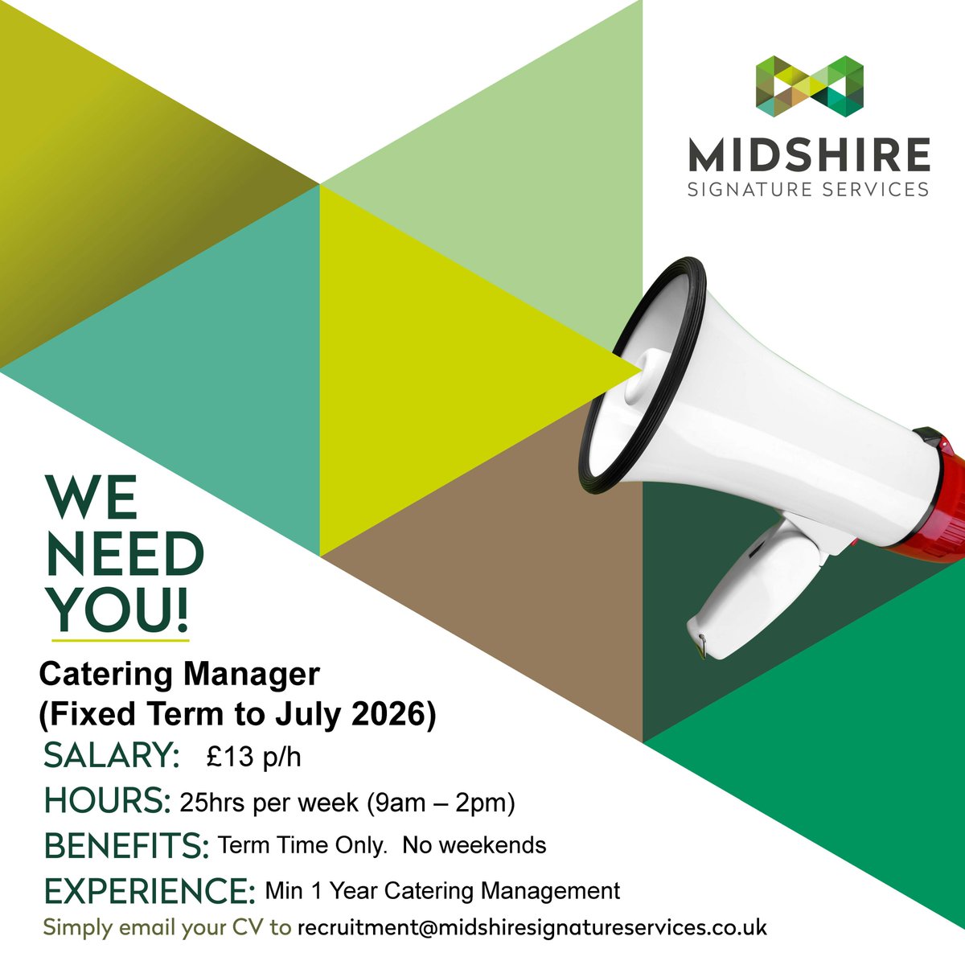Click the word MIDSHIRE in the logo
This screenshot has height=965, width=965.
tap(809, 155)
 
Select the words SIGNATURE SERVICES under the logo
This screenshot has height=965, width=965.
tap(809, 190)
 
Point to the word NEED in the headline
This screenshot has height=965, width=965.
tap(125, 554)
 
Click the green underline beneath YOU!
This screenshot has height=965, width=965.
tap(121, 641)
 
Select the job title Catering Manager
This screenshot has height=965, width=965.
tap(179, 674)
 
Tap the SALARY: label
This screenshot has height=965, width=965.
tap(111, 756)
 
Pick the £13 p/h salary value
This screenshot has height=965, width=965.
tap(253, 757)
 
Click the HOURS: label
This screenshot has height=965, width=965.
tap(108, 801)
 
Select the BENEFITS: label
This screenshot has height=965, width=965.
tap(126, 846)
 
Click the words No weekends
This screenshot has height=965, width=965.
tap(474, 845)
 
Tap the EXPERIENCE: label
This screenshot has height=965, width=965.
tap(150, 891)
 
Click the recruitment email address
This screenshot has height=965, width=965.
tap(532, 927)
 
